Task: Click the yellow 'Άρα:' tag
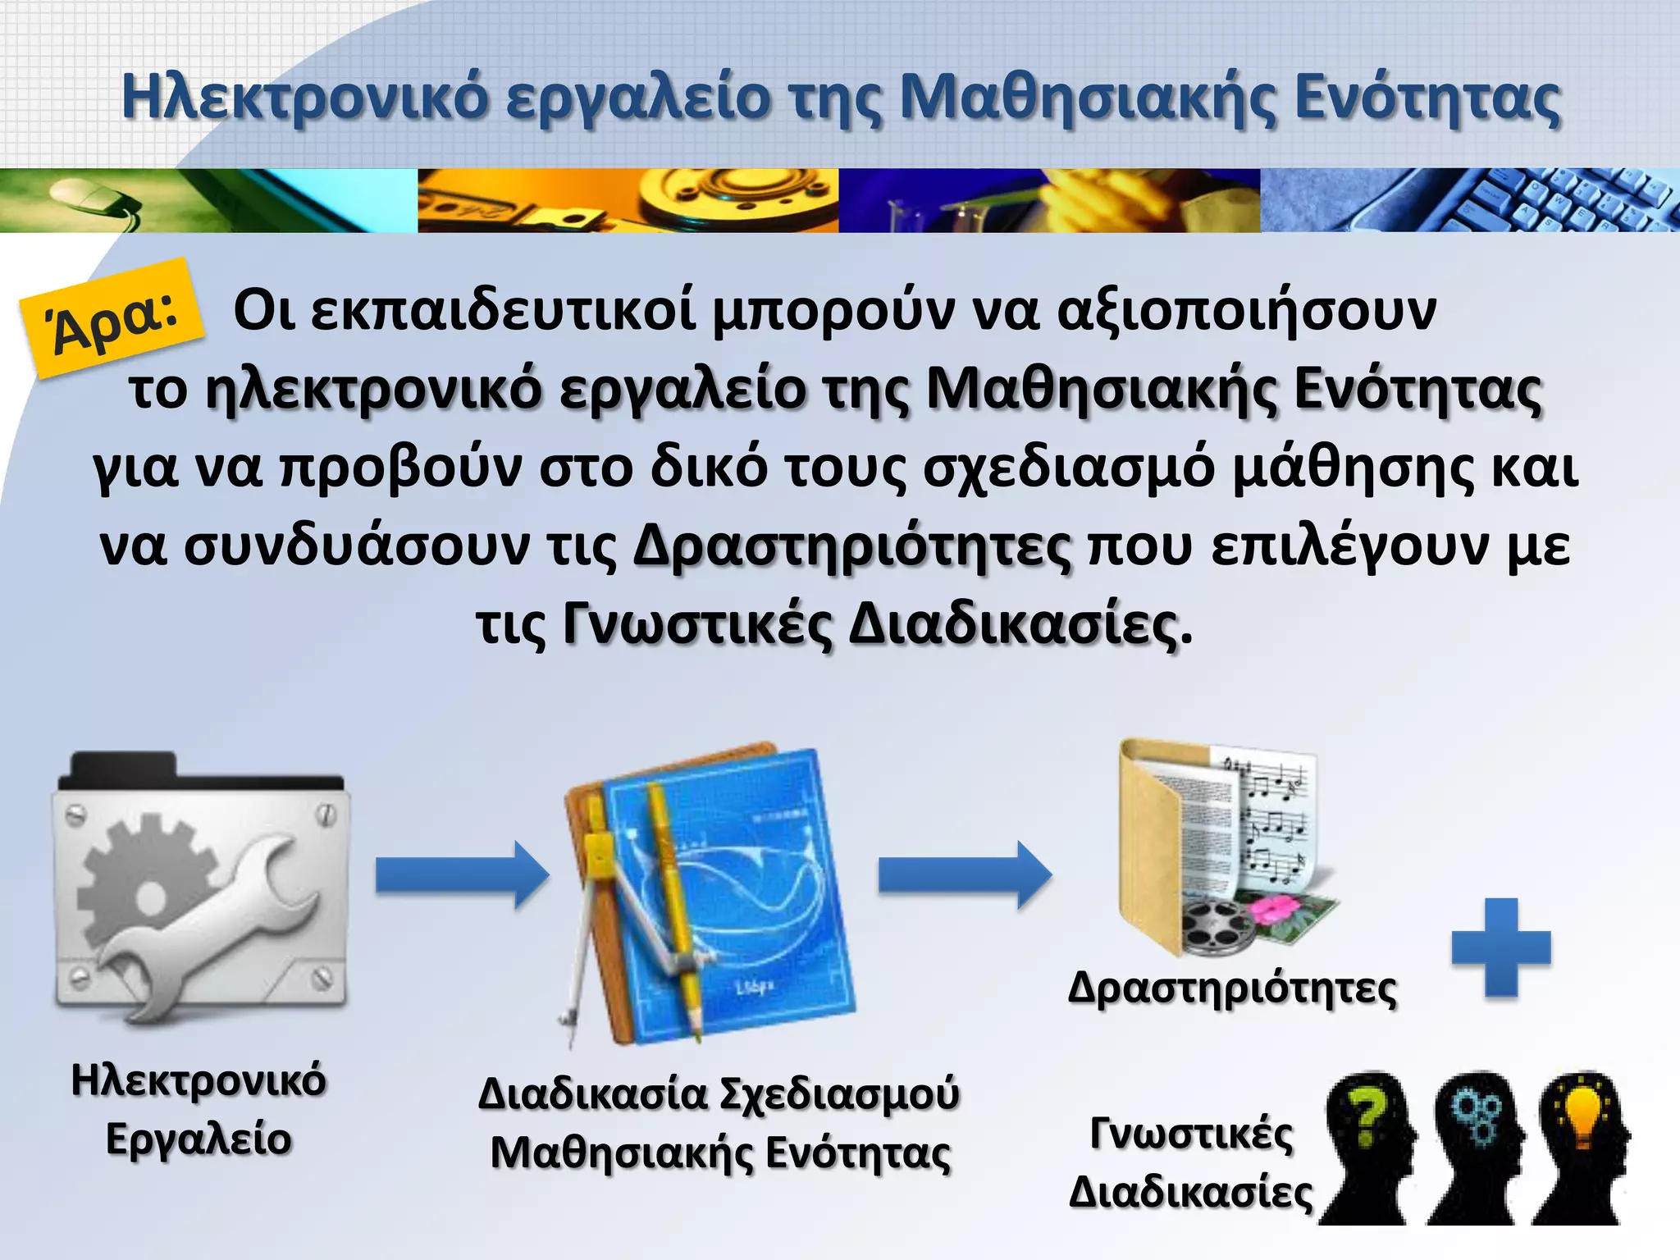112,318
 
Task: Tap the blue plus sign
1500,947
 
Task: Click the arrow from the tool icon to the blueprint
462,874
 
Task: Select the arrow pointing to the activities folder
965,874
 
